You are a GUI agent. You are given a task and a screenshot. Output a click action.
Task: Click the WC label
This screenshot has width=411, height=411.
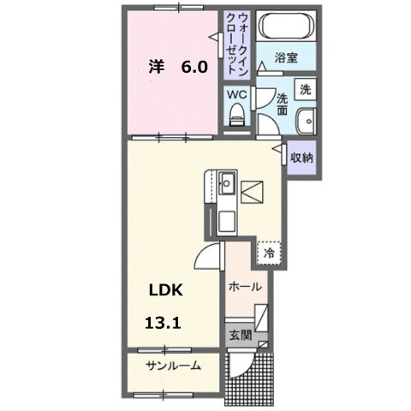tap(236, 94)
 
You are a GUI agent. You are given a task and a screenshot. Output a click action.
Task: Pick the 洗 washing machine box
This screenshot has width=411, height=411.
tap(306, 88)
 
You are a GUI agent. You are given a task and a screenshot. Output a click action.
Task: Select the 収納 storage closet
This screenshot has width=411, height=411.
tap(301, 158)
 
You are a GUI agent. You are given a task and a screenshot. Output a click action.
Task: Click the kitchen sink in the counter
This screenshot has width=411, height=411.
tap(226, 183)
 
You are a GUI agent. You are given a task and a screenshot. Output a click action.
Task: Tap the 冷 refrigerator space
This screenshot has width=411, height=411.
tap(268, 253)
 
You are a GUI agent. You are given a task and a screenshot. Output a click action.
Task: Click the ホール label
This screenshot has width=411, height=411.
tap(245, 288)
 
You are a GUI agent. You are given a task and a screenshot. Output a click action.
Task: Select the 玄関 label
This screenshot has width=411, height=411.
tap(239, 334)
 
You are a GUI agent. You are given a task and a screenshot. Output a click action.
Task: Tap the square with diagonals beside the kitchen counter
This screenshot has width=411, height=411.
tap(253, 194)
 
